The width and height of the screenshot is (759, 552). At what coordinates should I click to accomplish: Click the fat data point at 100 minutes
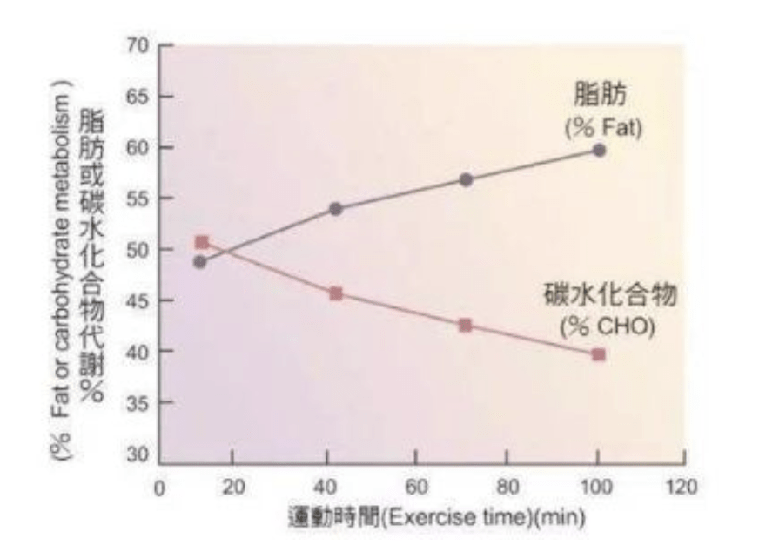[599, 150]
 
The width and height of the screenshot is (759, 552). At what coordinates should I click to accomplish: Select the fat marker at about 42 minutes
[336, 209]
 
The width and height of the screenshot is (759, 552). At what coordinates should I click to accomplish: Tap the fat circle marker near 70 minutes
[466, 179]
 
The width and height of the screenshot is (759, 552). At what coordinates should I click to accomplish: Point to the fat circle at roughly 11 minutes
[200, 261]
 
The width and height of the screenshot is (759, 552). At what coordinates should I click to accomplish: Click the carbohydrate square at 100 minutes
[599, 354]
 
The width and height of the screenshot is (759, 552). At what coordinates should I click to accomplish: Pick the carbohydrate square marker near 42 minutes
[336, 293]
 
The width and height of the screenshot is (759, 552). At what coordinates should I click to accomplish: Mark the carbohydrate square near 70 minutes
[466, 325]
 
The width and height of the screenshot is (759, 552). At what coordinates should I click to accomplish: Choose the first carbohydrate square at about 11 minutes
[202, 242]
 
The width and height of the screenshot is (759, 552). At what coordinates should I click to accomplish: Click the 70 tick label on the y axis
[139, 45]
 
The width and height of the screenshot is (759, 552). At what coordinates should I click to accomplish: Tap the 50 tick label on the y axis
[139, 250]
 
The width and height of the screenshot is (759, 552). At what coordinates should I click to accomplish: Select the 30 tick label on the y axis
[139, 454]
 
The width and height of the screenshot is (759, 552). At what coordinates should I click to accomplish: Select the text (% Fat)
[600, 127]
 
